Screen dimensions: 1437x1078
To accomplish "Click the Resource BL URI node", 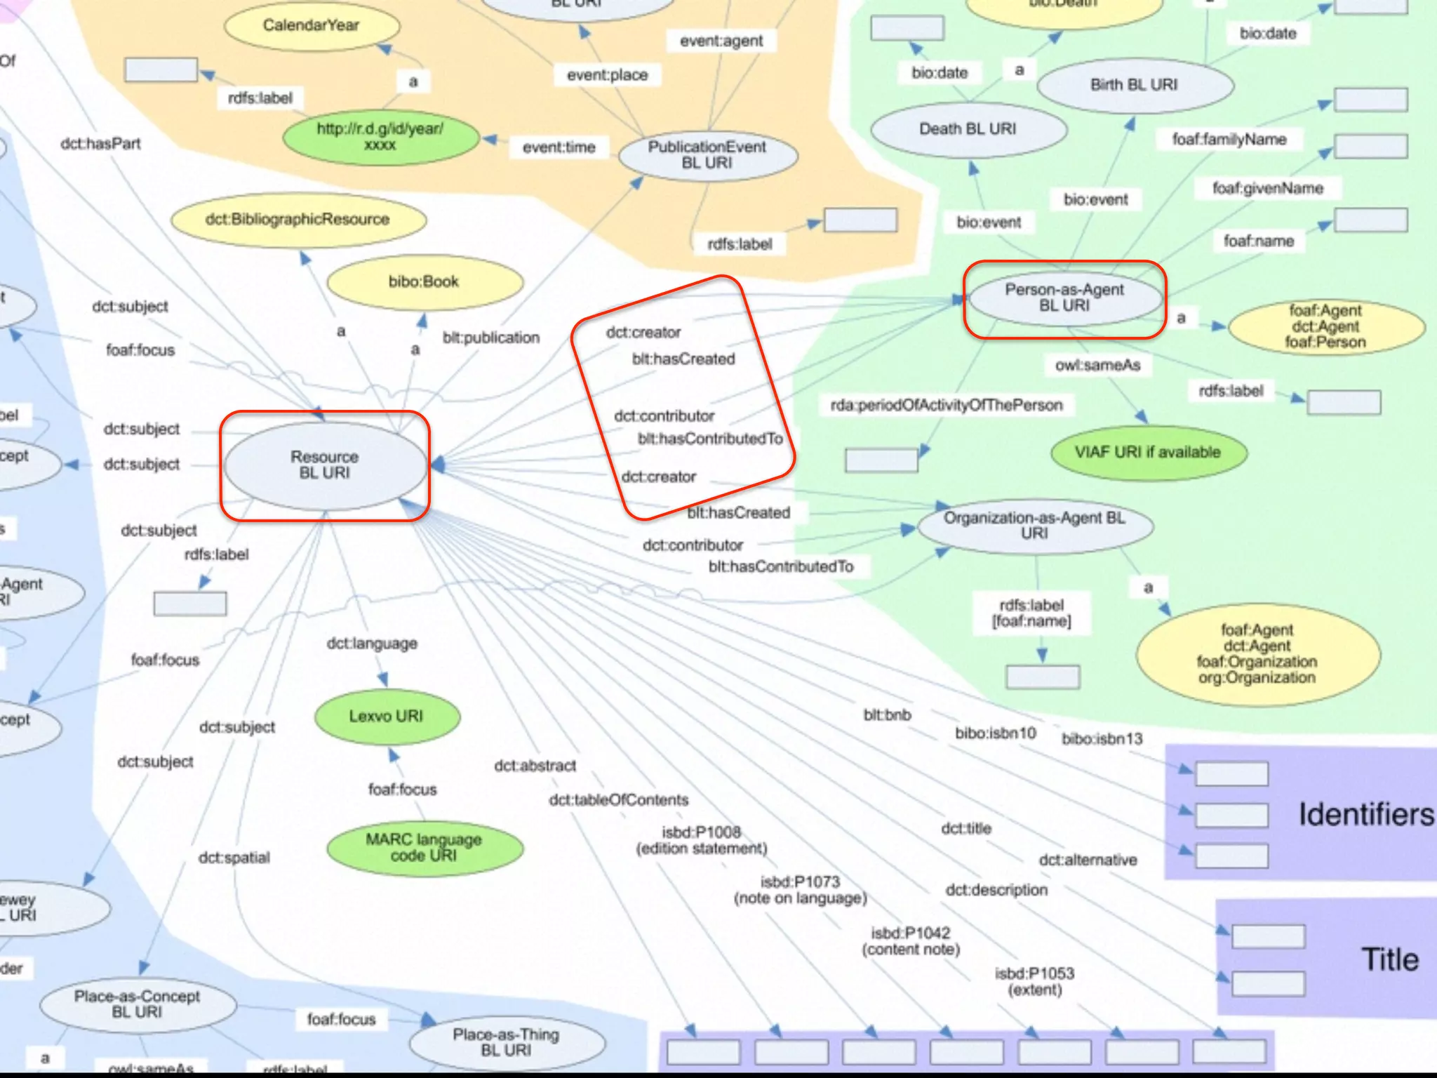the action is pos(324,465).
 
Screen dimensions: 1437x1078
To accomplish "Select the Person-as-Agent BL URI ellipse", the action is pos(1064,298).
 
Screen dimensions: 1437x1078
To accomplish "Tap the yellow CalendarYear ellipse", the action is pos(311,26).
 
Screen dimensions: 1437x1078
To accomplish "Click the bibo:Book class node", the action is pos(424,282).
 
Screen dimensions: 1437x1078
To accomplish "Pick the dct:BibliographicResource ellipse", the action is pos(298,220).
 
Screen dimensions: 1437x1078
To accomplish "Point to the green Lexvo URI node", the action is pos(387,717).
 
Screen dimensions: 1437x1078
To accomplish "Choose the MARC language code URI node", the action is pos(424,847).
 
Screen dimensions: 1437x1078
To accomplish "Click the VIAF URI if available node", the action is pos(1148,453).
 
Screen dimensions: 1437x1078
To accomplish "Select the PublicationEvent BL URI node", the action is pos(707,155).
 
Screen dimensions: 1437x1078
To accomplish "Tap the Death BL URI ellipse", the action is pos(968,129).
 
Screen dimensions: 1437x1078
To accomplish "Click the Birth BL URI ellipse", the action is pos(1134,85).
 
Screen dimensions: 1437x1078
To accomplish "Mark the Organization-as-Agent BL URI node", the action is pos(1034,526).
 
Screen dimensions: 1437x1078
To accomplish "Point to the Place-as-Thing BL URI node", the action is pos(506,1042).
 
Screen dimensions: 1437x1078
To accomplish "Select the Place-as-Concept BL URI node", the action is pos(138,1004).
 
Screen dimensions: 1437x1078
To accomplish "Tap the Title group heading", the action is pos(1390,959).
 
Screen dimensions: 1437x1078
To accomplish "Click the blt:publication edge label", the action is pos(491,338).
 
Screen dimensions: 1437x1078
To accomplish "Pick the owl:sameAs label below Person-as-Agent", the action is pos(1098,366).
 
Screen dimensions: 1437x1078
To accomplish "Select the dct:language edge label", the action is pos(372,644).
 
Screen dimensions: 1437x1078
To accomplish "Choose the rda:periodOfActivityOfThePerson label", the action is pos(947,406).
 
